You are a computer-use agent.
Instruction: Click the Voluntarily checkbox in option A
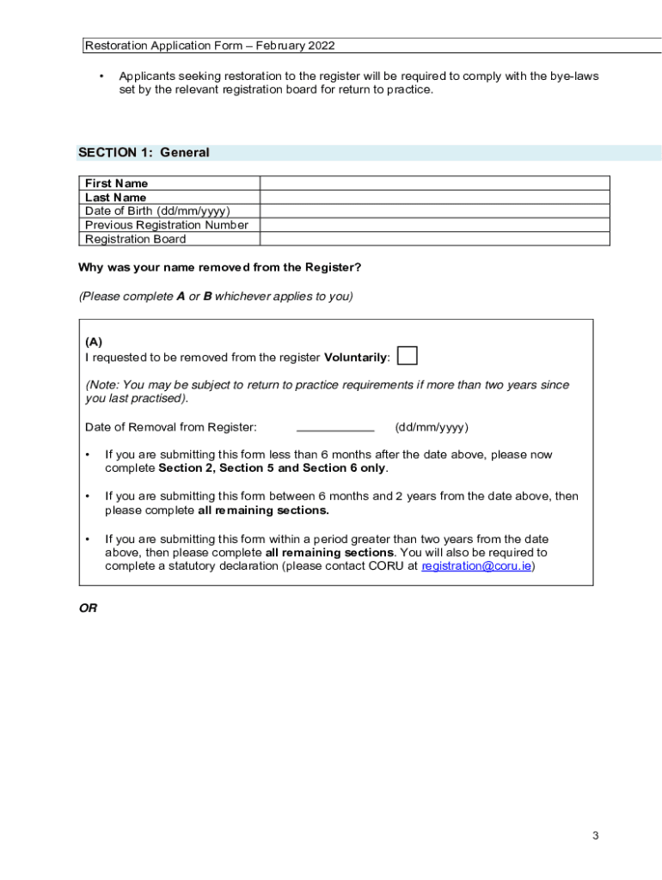(408, 356)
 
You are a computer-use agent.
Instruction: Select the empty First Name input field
(434, 183)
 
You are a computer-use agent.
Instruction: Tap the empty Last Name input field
(434, 197)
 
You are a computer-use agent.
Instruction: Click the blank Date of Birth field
(434, 211)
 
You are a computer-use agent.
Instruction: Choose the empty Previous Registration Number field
(434, 225)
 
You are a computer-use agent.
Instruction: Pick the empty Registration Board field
(434, 239)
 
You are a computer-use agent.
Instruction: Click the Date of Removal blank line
(335, 427)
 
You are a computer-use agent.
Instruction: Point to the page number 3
(595, 835)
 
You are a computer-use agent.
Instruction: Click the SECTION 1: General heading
(144, 153)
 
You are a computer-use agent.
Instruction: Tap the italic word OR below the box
(88, 608)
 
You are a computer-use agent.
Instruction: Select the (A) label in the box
(94, 342)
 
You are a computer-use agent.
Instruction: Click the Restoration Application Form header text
(210, 46)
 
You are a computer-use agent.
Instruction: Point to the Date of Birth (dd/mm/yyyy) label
(157, 211)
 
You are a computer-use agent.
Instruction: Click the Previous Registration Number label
(166, 225)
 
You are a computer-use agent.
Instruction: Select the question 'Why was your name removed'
(219, 267)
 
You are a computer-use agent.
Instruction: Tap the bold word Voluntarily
(356, 357)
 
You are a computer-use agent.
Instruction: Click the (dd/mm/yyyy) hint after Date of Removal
(432, 427)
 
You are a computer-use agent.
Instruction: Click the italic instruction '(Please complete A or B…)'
(215, 296)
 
